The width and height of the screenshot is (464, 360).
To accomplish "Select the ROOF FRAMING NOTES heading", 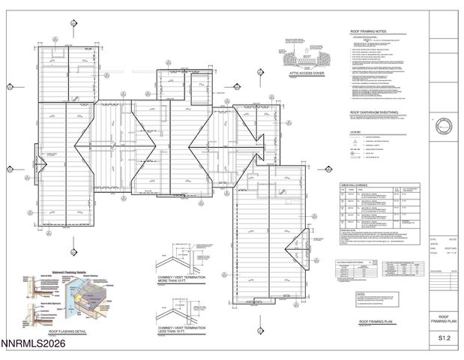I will point(370,31).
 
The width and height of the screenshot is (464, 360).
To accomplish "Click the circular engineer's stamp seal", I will point(444,124).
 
